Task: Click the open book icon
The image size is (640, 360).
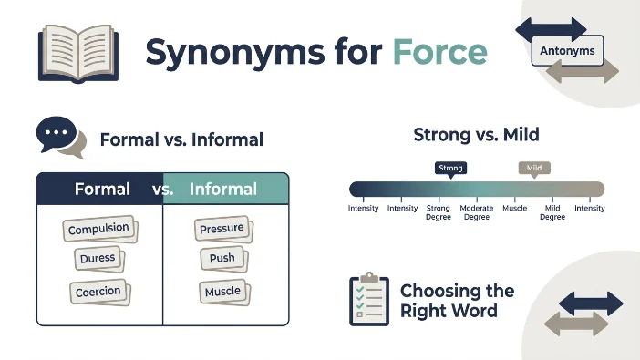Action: tap(78, 54)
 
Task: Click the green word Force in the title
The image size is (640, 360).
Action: tap(440, 52)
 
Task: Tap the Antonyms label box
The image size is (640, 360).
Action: tap(567, 51)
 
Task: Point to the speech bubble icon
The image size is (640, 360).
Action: tap(61, 137)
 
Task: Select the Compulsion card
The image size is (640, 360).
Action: tap(100, 229)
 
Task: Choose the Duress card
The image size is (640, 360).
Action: tap(98, 259)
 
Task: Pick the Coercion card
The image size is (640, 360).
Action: tap(99, 292)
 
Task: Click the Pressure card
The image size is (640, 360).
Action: tap(223, 229)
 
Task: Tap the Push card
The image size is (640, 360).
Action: tap(223, 259)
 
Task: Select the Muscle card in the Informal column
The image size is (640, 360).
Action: tap(224, 292)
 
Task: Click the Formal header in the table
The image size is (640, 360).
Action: tap(102, 189)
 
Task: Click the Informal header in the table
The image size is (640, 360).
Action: tap(223, 189)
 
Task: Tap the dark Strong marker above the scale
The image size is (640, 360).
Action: tap(450, 170)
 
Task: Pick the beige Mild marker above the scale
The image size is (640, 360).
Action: tap(534, 170)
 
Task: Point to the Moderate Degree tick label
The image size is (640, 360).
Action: tap(476, 212)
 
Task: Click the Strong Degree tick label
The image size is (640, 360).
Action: tap(439, 212)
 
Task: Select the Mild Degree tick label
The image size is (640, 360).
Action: tap(552, 212)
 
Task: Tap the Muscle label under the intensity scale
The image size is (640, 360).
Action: tap(515, 208)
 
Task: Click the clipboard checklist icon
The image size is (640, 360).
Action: tap(369, 299)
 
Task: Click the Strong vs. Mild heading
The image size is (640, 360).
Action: tap(476, 134)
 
